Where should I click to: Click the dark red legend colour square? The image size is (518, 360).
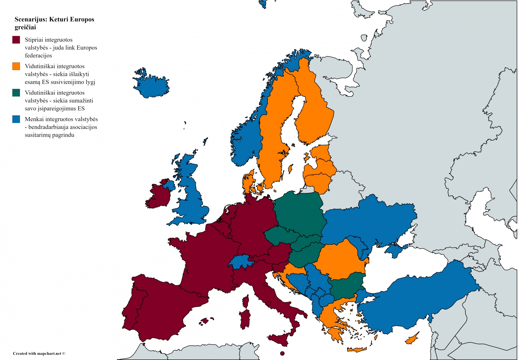(x=16, y=40)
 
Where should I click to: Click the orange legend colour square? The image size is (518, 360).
(x=16, y=66)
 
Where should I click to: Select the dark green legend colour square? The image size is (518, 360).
(x=16, y=93)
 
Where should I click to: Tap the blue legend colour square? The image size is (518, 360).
(x=16, y=119)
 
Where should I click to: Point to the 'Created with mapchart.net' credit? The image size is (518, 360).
(x=39, y=353)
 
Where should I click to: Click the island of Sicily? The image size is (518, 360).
(x=280, y=339)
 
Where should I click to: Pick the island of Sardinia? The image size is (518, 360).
(x=245, y=319)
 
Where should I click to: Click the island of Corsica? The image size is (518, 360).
(x=246, y=301)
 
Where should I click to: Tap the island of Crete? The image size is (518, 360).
(x=357, y=350)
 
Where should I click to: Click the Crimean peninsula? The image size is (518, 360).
(x=396, y=250)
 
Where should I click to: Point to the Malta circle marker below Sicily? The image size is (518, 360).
(x=282, y=353)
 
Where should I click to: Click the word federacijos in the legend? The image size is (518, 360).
(x=38, y=56)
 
